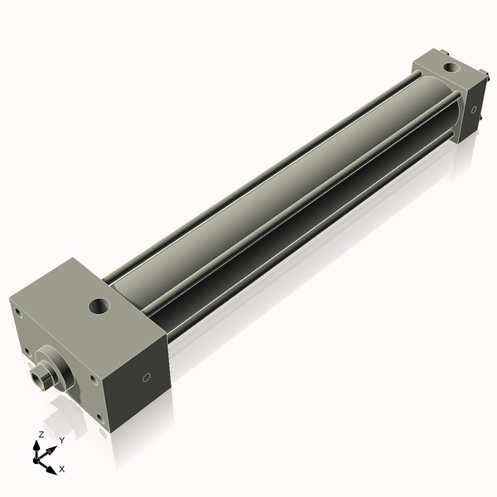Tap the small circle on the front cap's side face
(146, 378)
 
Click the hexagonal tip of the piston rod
(36, 379)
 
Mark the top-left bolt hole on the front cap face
(17, 312)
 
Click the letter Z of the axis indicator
(41, 434)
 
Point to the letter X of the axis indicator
(61, 469)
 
